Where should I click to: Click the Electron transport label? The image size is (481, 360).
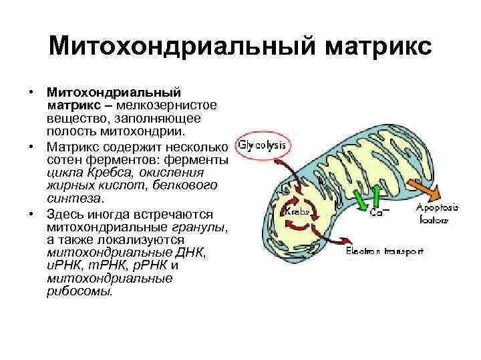coord(384,251)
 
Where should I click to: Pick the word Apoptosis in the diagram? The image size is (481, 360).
coord(438,207)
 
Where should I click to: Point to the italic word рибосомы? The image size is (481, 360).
coord(79,291)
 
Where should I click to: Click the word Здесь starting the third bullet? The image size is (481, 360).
coord(65,214)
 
